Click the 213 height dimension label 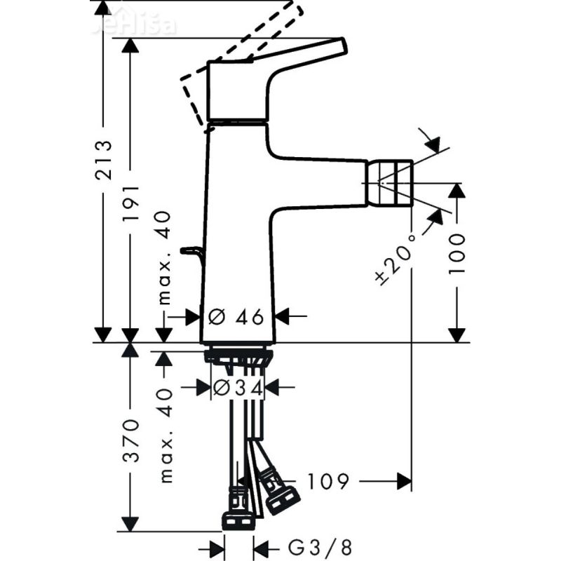(x=103, y=161)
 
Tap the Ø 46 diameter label (x=236, y=316)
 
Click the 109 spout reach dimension (x=326, y=481)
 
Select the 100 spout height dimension (x=457, y=253)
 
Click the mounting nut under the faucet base (x=237, y=357)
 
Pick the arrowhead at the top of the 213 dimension (x=103, y=8)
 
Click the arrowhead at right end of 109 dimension (x=405, y=481)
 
